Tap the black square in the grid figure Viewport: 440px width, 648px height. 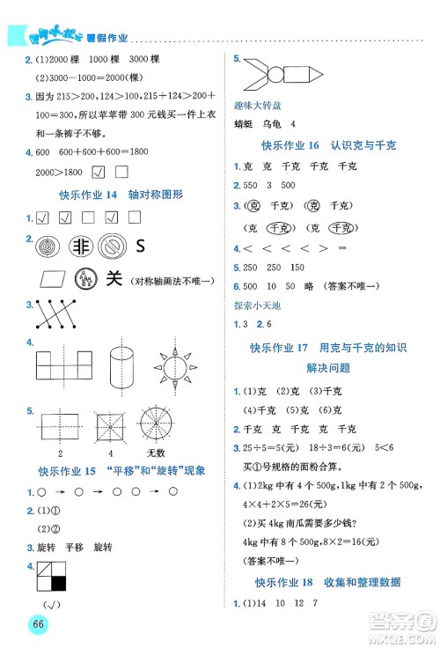[x=58, y=582]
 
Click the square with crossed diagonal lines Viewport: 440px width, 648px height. [x=106, y=427]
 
